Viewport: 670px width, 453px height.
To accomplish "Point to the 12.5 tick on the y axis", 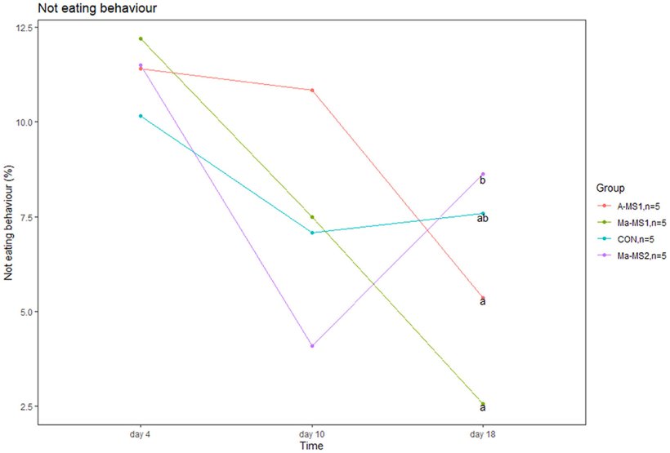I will [24, 28].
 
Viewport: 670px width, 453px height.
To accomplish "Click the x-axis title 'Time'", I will [311, 446].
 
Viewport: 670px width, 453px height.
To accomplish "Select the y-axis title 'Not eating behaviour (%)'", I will [9, 217].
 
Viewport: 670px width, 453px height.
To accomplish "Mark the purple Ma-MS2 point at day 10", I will [312, 346].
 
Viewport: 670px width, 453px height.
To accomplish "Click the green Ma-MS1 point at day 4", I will [141, 38].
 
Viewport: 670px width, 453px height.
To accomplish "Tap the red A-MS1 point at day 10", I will [312, 90].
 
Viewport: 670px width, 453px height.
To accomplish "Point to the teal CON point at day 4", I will [141, 116].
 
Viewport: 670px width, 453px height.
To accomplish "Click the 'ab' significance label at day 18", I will [483, 218].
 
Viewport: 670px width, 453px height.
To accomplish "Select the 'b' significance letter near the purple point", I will [483, 180].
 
